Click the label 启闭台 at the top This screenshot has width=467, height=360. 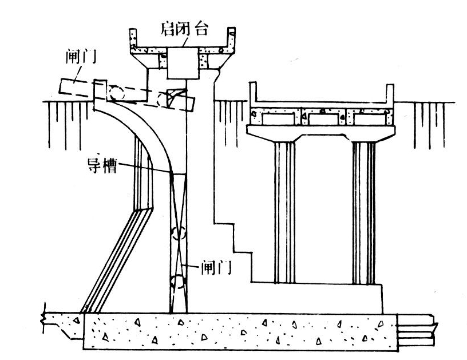182,27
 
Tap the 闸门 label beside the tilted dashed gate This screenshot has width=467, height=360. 79,57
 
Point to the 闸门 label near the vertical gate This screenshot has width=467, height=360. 216,267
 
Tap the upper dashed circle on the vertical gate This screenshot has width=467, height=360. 179,234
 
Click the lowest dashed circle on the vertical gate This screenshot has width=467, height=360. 179,282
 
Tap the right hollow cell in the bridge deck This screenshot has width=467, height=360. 369,118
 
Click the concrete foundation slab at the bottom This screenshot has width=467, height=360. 240,332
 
